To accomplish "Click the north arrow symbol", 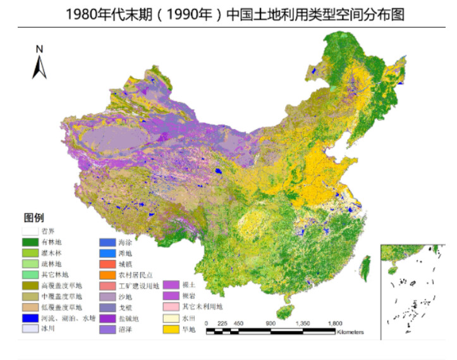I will [39, 66].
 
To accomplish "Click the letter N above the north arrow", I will [39, 49].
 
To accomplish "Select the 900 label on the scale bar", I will [270, 323].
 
